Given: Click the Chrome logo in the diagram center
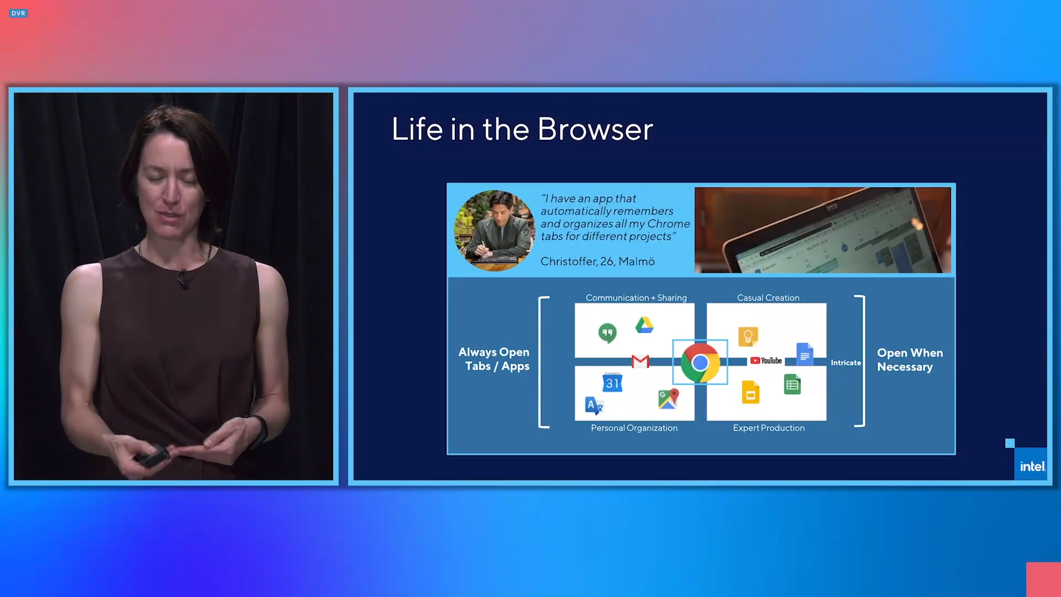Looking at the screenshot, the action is point(700,363).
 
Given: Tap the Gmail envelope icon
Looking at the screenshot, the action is point(640,362).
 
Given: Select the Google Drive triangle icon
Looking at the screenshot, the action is point(644,325).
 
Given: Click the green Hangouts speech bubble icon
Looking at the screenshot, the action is point(607,333).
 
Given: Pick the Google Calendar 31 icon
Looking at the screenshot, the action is point(612,383).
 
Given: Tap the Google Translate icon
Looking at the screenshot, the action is point(593,406).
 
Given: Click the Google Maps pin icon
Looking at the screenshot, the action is point(668,399).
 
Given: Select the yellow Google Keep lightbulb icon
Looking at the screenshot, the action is point(748,336).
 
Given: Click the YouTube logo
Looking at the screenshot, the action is point(766,361).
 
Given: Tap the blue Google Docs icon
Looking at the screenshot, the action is point(805,354).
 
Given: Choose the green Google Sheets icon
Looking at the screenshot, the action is point(792,385).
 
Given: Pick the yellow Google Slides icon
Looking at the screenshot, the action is point(750,392).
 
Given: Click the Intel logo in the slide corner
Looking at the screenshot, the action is point(1032,467).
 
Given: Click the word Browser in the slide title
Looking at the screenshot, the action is point(595,129).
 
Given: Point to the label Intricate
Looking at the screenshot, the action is point(845,363).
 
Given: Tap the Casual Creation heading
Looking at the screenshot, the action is point(768,298).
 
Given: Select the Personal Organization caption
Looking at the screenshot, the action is point(634,428).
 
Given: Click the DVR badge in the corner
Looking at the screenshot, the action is point(18,13).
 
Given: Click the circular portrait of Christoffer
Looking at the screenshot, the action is point(495,231).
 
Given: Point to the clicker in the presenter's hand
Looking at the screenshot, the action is point(152,456).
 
